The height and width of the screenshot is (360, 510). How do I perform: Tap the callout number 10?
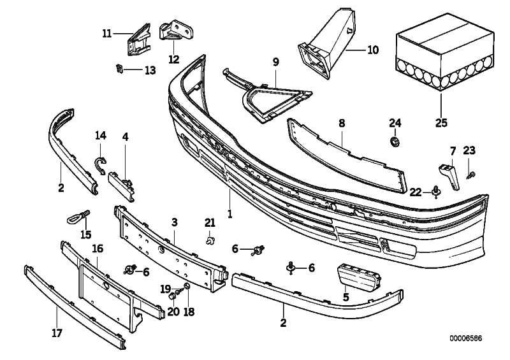[373, 49]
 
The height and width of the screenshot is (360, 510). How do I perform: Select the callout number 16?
[98, 248]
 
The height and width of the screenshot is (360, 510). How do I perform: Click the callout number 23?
[469, 151]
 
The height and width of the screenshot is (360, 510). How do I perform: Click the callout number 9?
[276, 62]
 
